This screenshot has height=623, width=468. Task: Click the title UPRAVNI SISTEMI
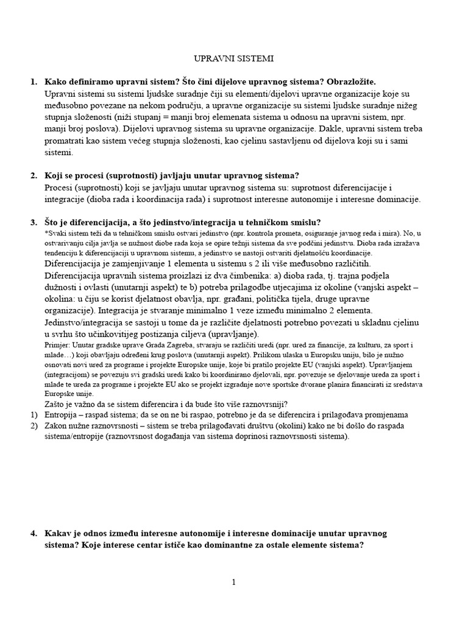[233, 59]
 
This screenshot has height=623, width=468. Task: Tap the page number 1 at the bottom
[233, 582]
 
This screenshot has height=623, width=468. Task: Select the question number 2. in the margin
[34, 176]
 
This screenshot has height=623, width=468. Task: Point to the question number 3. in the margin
[34, 222]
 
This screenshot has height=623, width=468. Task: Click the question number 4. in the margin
[34, 534]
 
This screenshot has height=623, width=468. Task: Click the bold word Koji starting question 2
[54, 176]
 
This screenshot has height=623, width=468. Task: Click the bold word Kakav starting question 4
[59, 534]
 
